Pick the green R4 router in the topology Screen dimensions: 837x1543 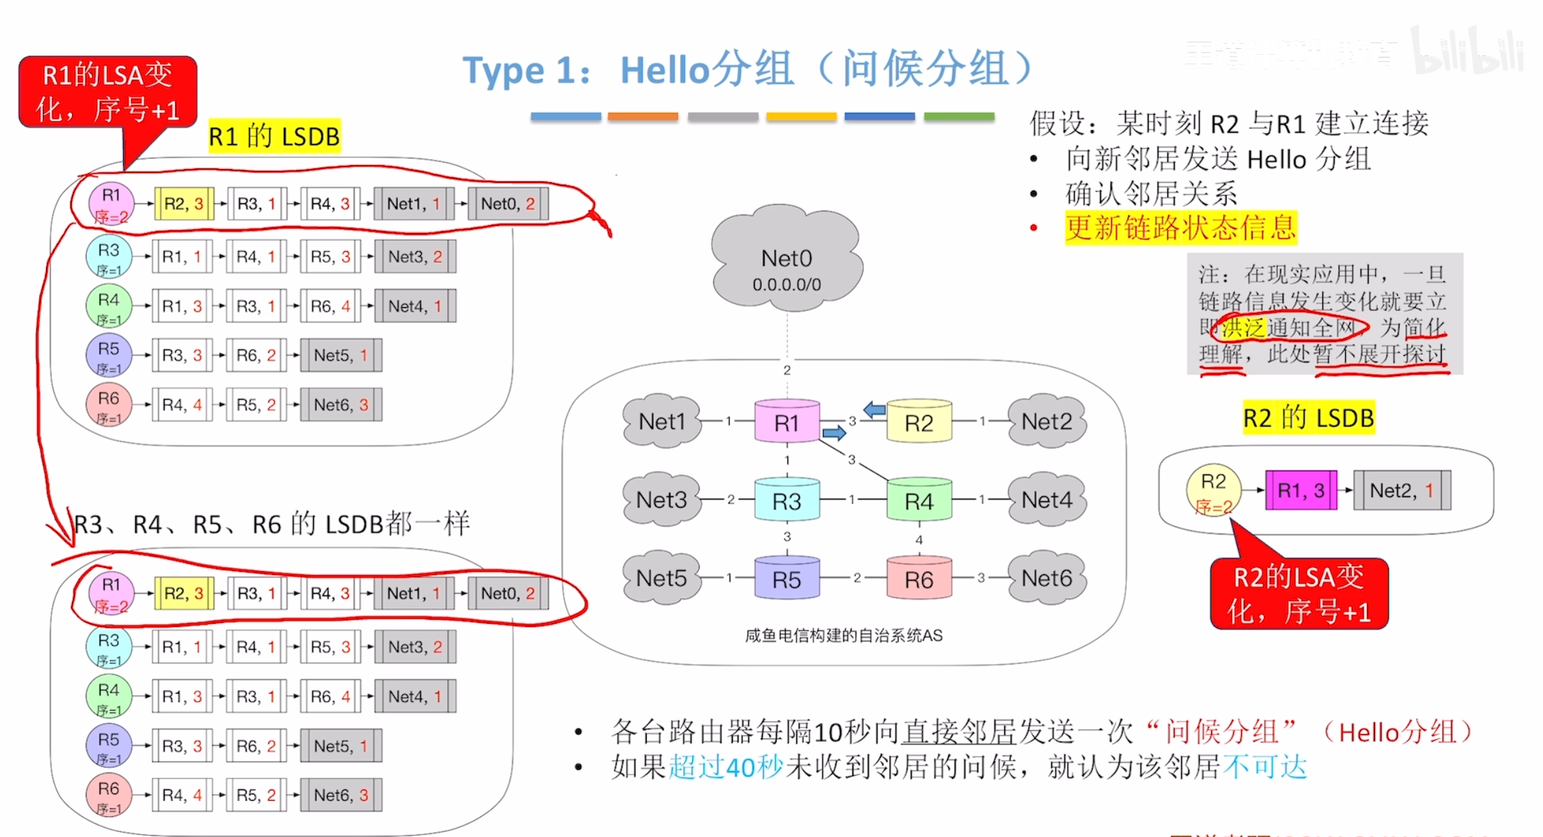point(919,500)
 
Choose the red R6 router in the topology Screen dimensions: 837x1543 point(919,578)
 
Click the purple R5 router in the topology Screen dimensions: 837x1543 point(786,578)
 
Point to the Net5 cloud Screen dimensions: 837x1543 point(661,578)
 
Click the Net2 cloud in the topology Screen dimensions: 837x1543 point(1047,421)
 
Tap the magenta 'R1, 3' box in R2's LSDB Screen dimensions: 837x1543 point(1300,490)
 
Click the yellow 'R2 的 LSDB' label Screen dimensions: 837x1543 point(1308,418)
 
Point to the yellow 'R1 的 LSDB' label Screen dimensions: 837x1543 point(274,137)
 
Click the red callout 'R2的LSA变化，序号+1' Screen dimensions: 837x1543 point(1298,594)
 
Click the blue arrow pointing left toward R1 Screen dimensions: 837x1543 point(874,409)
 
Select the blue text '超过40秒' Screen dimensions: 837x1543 point(726,768)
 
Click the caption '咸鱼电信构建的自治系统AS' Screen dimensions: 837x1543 point(843,636)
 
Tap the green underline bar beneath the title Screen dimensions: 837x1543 point(959,117)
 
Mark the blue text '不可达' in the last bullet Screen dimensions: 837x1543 point(1265,768)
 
